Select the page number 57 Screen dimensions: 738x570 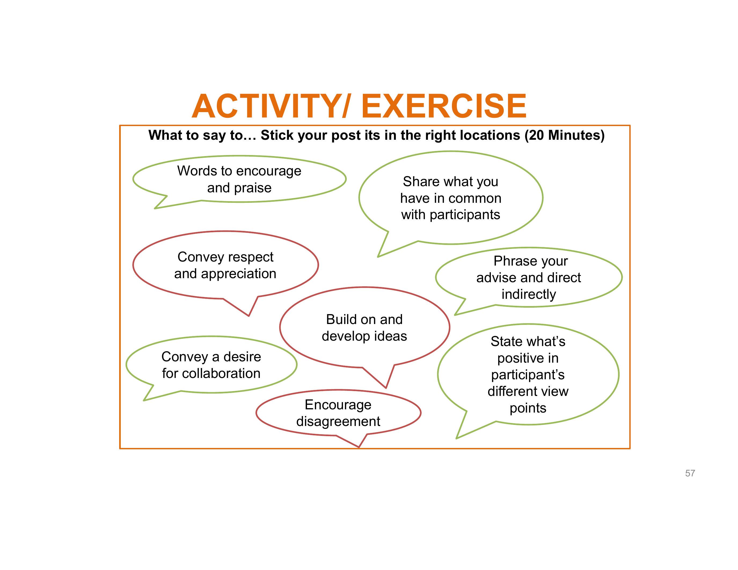690,473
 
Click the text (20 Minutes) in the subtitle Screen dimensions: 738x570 564,135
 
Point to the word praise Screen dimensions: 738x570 256,188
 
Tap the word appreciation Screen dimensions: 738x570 239,274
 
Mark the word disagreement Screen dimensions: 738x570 338,422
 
